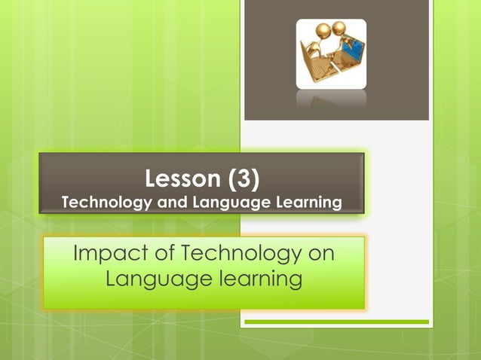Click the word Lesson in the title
coord(182,179)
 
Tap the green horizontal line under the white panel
coord(336,322)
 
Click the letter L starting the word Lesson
coord(151,179)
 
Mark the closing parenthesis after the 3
coord(255,179)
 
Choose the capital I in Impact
coord(76,255)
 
